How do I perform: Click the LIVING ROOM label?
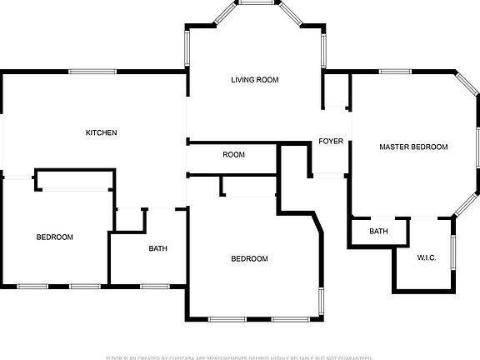point(254,80)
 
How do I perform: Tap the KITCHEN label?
point(101,132)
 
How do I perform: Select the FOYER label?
point(331,141)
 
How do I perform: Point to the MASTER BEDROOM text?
point(413,147)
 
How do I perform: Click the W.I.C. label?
point(427,257)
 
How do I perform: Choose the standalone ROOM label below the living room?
point(233,155)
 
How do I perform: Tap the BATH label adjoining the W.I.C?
point(378,231)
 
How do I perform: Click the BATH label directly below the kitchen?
point(157,248)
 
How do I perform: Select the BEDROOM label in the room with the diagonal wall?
point(249,258)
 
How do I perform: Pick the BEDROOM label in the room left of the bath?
point(54,237)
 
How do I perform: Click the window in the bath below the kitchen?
point(154,287)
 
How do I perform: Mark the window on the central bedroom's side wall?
point(322,301)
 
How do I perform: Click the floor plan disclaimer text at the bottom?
point(239,357)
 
